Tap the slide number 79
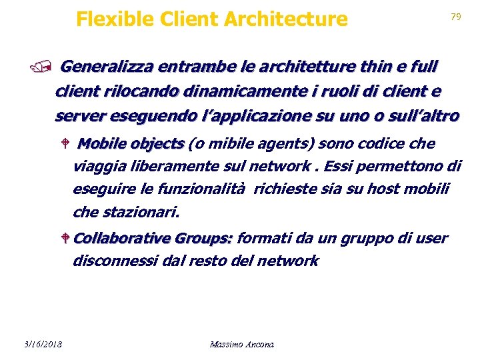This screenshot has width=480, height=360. [456, 17]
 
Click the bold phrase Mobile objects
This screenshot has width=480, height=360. [131, 144]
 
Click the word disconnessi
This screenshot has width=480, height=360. [115, 261]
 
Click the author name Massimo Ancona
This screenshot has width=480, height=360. [241, 344]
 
